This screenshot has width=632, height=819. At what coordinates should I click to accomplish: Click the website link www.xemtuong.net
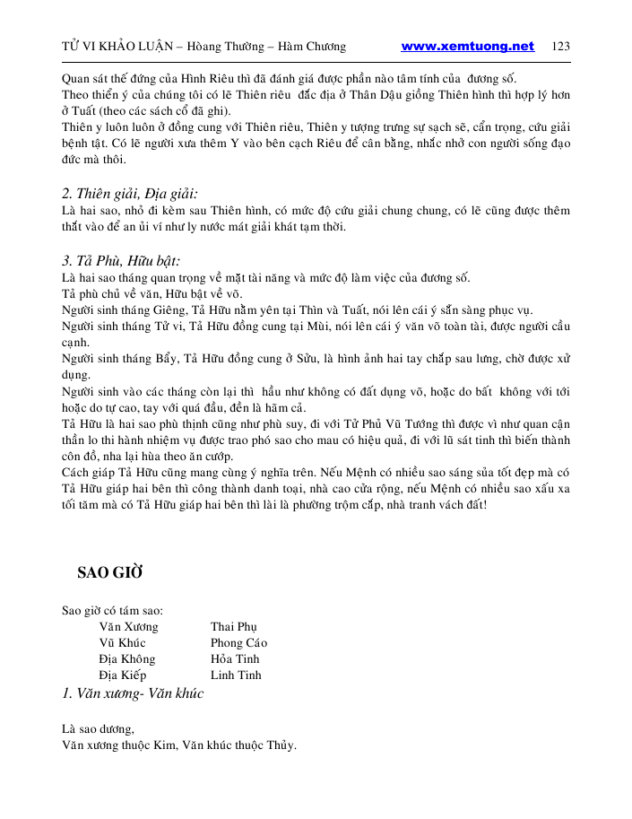(x=467, y=47)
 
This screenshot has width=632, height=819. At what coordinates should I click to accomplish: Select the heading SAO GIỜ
(x=110, y=572)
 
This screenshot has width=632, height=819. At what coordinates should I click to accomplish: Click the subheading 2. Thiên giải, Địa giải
(x=130, y=193)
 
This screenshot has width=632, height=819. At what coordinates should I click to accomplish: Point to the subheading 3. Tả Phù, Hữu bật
(x=121, y=261)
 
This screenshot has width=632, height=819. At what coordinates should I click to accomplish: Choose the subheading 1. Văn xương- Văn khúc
(x=133, y=693)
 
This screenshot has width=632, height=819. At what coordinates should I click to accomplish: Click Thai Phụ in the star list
(x=233, y=626)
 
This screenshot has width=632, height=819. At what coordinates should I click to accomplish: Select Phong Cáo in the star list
(x=238, y=642)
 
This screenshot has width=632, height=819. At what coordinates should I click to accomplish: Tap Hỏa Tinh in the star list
(x=236, y=658)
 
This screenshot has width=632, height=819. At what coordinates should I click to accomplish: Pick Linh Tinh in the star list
(x=236, y=675)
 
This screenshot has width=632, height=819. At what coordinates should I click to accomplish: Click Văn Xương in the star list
(x=128, y=626)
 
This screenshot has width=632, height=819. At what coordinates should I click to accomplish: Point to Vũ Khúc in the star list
(x=122, y=642)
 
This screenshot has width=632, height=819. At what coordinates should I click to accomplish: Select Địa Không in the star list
(x=127, y=658)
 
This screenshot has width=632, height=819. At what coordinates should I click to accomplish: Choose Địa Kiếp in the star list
(x=123, y=675)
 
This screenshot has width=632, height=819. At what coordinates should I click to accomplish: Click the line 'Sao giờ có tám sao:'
(x=112, y=610)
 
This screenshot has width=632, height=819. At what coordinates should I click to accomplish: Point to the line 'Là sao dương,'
(x=98, y=728)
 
